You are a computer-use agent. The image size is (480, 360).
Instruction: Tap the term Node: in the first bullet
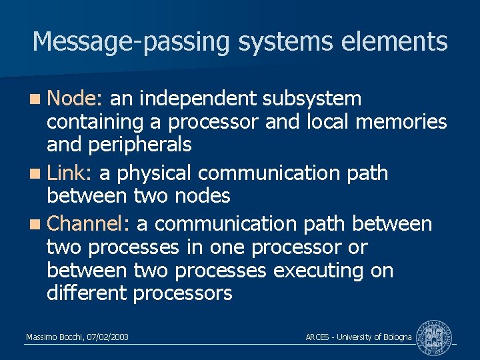(74, 99)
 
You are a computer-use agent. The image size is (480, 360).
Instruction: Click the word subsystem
(312, 99)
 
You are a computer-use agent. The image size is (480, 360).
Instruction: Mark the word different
(87, 293)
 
